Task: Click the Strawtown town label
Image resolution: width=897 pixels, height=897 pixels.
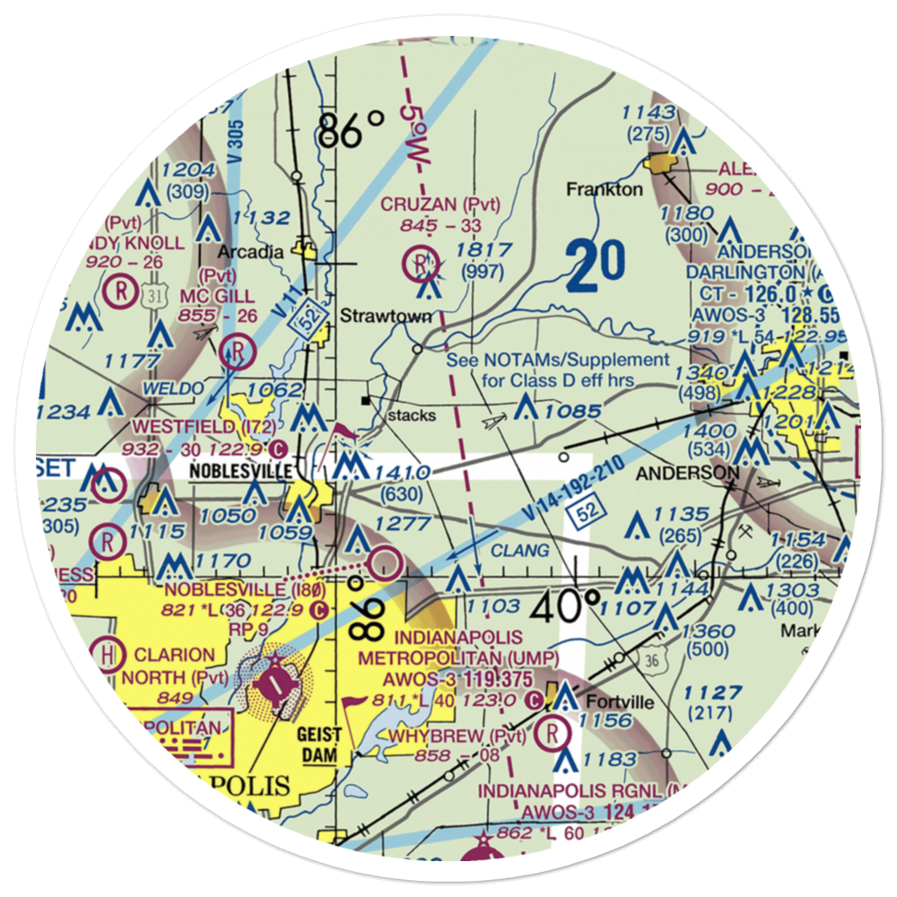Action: (386, 316)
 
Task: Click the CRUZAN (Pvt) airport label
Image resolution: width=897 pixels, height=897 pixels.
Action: (440, 205)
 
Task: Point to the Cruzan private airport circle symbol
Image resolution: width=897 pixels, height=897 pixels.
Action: (420, 263)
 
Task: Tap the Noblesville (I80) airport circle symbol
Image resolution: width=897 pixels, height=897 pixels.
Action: (388, 563)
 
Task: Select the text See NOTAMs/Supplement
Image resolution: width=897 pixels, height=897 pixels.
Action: (558, 360)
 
